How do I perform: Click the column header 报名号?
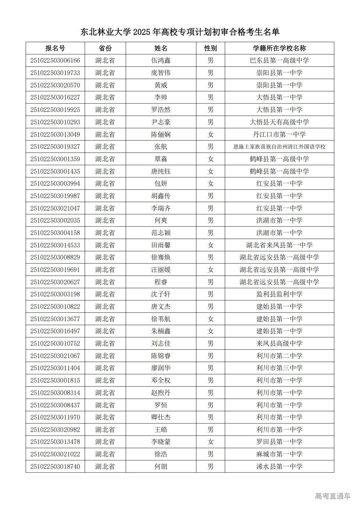coord(55,48)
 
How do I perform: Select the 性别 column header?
coord(210,48)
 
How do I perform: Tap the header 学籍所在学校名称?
coord(279,48)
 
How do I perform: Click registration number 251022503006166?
coord(55,60)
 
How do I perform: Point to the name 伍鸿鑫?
coord(161,60)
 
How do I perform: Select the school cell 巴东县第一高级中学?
coord(279,60)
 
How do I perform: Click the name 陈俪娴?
coord(161,135)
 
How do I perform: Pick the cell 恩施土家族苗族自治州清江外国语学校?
coord(279,147)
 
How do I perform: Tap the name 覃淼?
coord(161,159)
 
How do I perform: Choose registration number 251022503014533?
coord(55,245)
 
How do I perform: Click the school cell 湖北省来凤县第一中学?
coord(279,245)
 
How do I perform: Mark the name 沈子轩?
coord(161,294)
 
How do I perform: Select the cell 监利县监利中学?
coord(279,294)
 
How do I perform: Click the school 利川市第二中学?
coord(279,356)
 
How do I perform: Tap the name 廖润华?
coord(161,368)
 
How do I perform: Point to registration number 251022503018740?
coord(55,467)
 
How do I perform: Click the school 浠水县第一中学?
coord(279,467)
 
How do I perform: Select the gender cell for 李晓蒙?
coord(210,442)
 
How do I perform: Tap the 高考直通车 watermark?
coord(333,496)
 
